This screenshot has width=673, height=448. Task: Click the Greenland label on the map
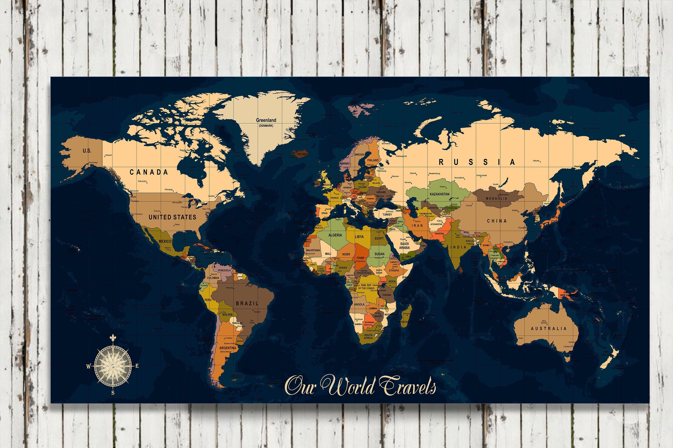(x=266, y=120)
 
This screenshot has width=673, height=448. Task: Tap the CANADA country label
(x=149, y=172)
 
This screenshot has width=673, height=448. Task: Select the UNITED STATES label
(x=173, y=217)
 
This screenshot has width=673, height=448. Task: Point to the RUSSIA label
(x=476, y=162)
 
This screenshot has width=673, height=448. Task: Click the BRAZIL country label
(x=247, y=304)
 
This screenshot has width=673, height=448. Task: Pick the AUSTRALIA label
(x=548, y=329)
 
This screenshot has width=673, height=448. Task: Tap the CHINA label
(x=497, y=221)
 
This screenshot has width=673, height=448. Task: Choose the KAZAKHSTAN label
(x=439, y=194)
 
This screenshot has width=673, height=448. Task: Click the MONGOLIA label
(x=496, y=198)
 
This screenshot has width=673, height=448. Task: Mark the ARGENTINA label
(x=228, y=348)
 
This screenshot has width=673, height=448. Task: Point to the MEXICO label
(x=165, y=241)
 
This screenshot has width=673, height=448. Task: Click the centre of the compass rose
(x=113, y=365)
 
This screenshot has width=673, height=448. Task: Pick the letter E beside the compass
(x=137, y=366)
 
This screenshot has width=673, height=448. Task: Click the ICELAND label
(x=302, y=154)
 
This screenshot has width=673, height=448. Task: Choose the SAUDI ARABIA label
(x=404, y=246)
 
